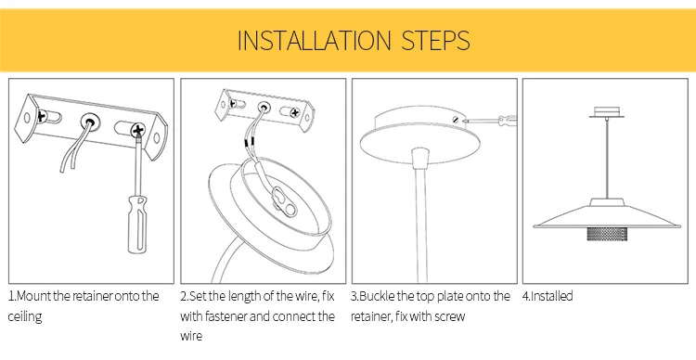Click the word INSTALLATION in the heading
[x=315, y=41]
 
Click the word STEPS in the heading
[x=435, y=41]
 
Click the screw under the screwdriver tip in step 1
[x=138, y=130]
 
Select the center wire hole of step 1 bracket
[x=89, y=122]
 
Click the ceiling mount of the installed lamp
[x=606, y=112]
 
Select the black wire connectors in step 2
[x=247, y=142]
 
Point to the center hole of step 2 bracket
[x=264, y=107]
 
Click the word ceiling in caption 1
[x=25, y=317]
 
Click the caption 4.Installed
[x=548, y=296]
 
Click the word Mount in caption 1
[x=33, y=296]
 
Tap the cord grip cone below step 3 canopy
[x=420, y=159]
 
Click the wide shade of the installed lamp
[x=606, y=217]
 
